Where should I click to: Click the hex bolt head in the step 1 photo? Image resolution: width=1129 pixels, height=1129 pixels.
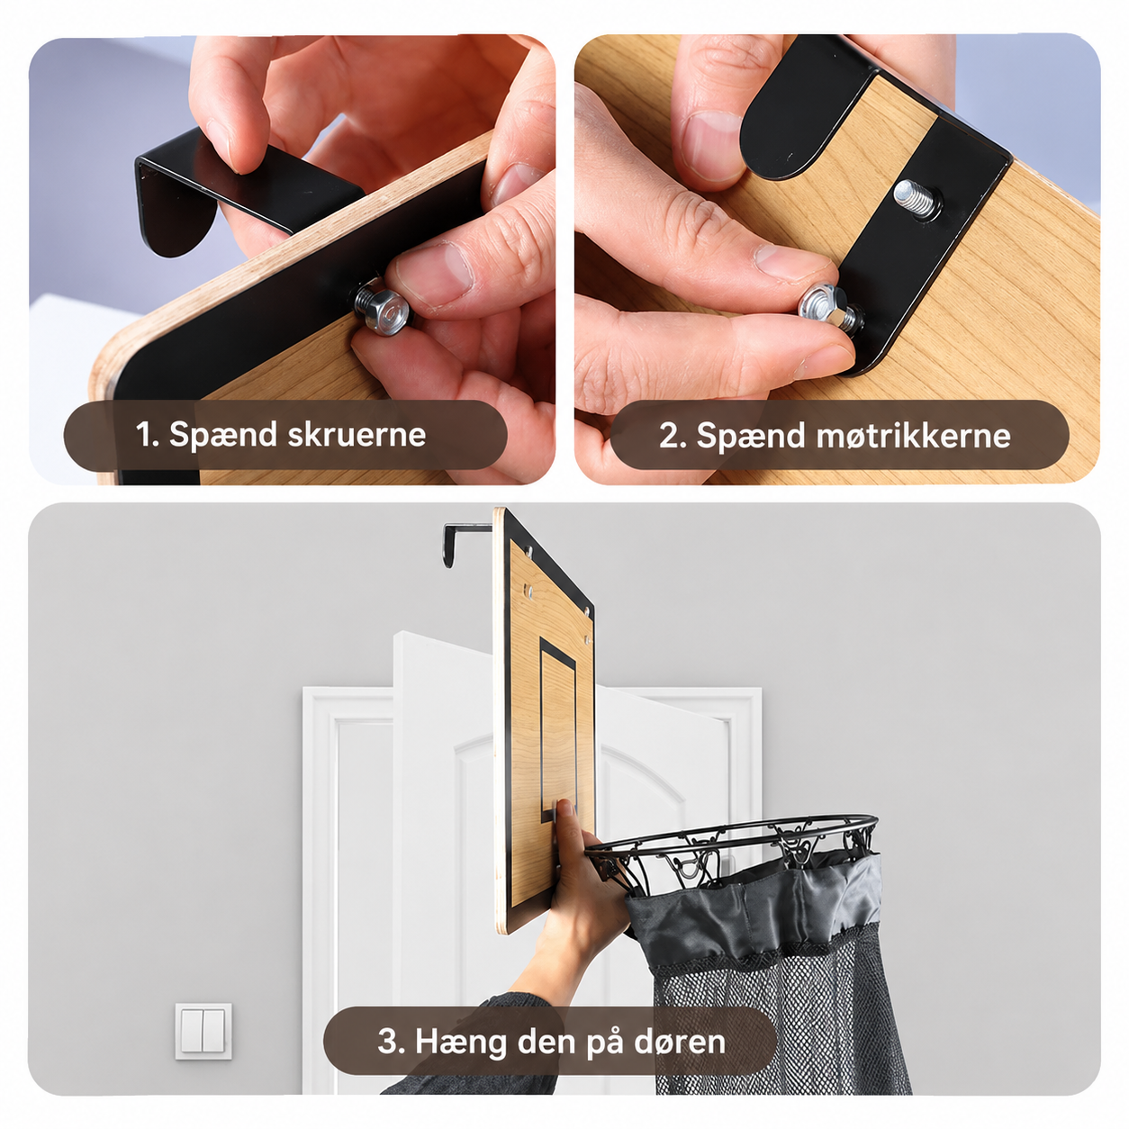click(382, 312)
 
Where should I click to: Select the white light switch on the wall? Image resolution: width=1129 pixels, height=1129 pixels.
click(203, 1031)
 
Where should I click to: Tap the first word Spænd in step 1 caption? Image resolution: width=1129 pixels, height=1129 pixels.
click(223, 437)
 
